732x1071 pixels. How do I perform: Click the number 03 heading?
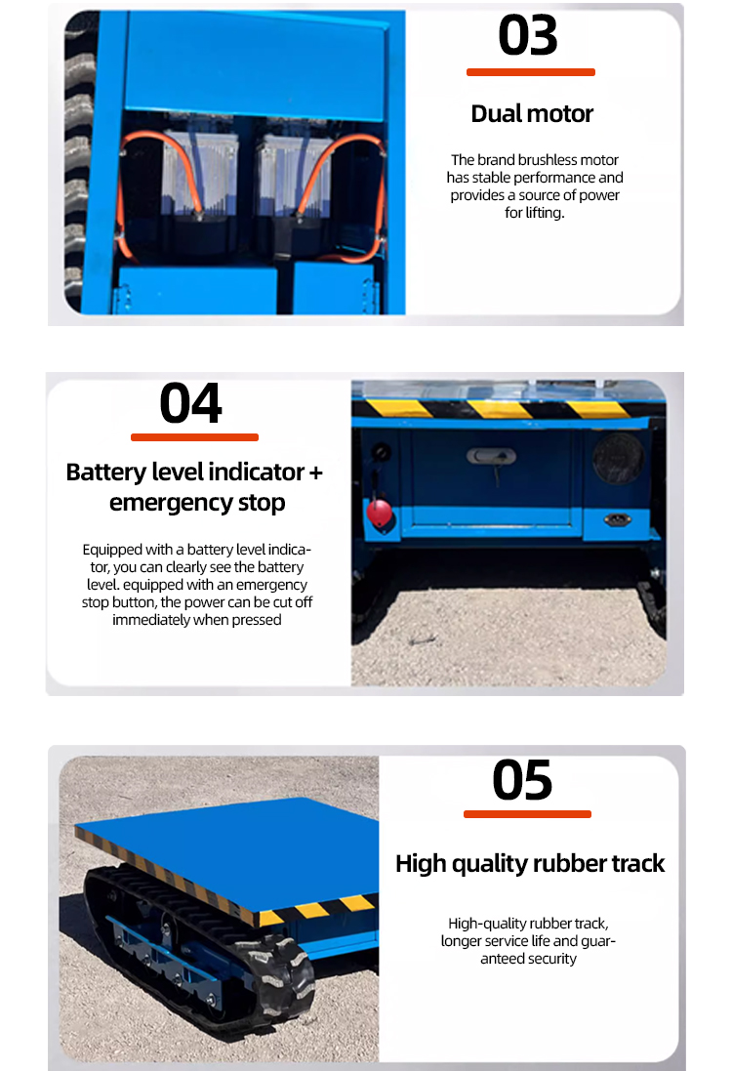[x=528, y=35]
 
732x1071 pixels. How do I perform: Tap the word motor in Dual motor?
[x=562, y=114]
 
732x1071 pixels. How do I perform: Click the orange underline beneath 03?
[x=530, y=72]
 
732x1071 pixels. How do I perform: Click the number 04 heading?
[x=191, y=403]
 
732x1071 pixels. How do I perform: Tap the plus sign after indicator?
[x=315, y=473]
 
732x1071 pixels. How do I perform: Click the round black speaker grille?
[x=617, y=457]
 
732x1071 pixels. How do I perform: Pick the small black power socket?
[x=616, y=519]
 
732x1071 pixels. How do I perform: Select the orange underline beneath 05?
[x=527, y=814]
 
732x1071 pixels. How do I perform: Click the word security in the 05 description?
[x=552, y=959]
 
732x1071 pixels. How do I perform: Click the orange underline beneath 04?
[x=194, y=437]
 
